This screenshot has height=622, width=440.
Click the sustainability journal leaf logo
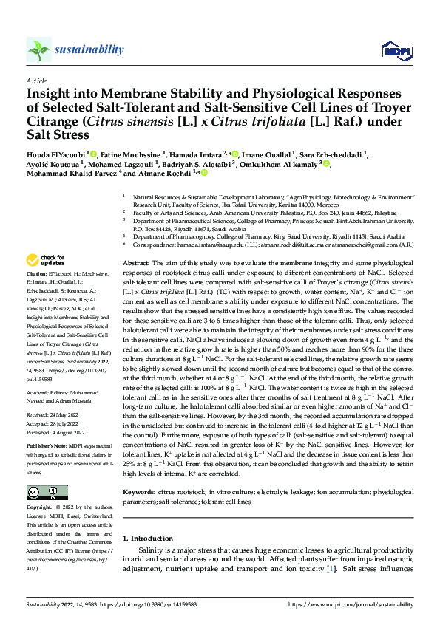click(x=39, y=49)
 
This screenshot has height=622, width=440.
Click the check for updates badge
click(x=46, y=260)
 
